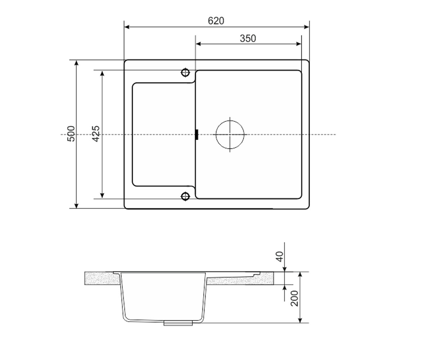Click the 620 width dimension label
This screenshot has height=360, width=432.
click(216, 21)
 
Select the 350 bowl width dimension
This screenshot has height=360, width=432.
click(248, 39)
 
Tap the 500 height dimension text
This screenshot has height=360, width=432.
click(71, 134)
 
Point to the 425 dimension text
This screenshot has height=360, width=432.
click(96, 134)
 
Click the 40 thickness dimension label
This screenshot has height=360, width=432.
click(280, 257)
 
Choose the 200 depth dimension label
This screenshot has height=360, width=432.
click(294, 298)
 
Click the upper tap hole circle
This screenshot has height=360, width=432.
click(185, 73)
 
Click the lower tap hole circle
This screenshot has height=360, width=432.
click(185, 196)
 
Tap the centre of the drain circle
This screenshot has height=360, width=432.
click(230, 135)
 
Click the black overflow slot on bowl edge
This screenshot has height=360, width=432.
click(197, 135)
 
